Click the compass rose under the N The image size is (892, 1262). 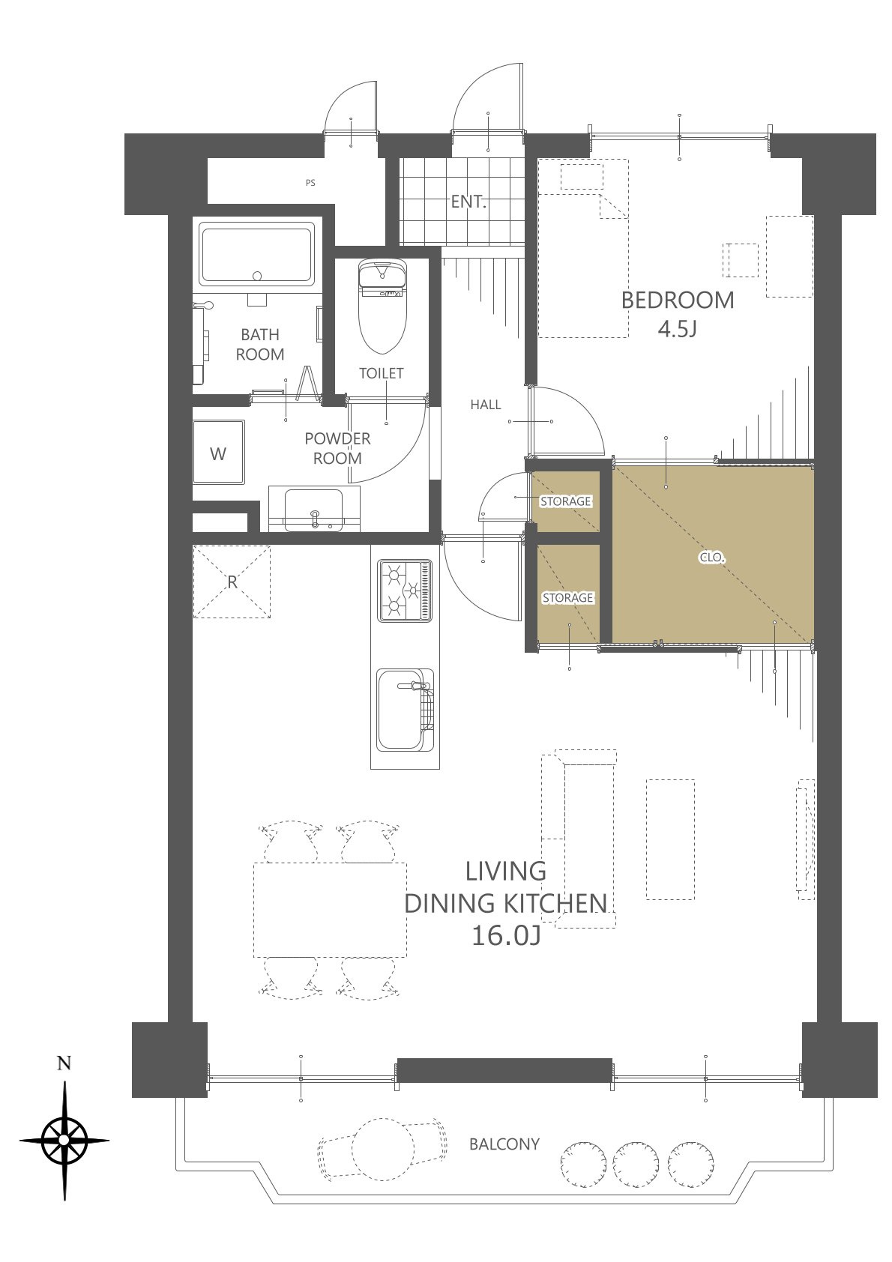(64, 1140)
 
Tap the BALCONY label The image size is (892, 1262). (504, 1144)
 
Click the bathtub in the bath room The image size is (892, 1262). (257, 253)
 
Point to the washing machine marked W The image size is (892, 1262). (219, 453)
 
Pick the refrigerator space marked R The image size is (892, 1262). (232, 582)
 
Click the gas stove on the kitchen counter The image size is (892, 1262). (405, 591)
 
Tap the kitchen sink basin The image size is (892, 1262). (405, 710)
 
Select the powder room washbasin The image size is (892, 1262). (314, 510)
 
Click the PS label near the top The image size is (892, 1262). (310, 183)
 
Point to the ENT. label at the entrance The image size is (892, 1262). (468, 202)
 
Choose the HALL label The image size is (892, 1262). (486, 405)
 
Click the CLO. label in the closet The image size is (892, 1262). (711, 558)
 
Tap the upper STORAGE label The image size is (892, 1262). (566, 501)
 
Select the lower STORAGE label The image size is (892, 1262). (568, 598)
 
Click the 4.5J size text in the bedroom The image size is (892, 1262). (678, 329)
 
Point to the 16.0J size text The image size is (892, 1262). (505, 936)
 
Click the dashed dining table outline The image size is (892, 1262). (331, 910)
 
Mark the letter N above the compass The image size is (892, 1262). (64, 1063)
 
